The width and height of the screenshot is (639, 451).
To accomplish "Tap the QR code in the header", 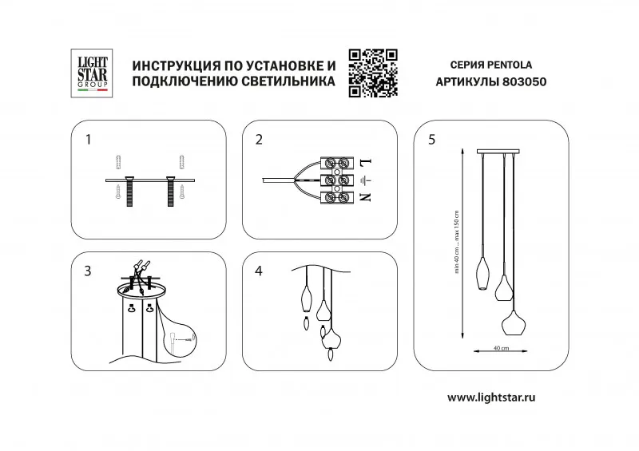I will [x=373, y=73].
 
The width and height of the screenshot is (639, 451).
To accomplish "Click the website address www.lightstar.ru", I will [x=490, y=397].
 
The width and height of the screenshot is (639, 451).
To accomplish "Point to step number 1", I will [x=89, y=140].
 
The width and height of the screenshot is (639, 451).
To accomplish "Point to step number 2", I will [x=259, y=140].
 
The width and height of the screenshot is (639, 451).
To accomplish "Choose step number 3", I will [x=88, y=271].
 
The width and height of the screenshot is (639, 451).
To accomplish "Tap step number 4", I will [x=259, y=271].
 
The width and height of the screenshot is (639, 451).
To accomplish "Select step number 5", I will [x=432, y=140].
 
